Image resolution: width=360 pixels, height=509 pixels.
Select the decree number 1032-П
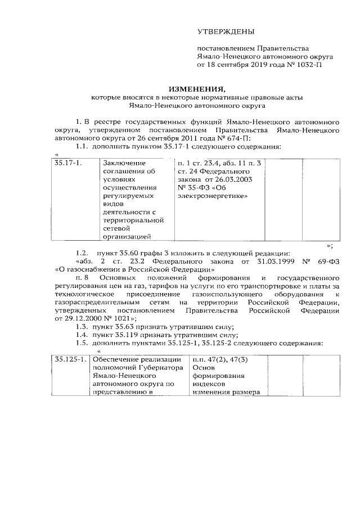click(x=310, y=65)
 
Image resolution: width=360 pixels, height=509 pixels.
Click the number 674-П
click(x=238, y=138)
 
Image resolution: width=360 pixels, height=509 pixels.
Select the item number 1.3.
click(x=82, y=327)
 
